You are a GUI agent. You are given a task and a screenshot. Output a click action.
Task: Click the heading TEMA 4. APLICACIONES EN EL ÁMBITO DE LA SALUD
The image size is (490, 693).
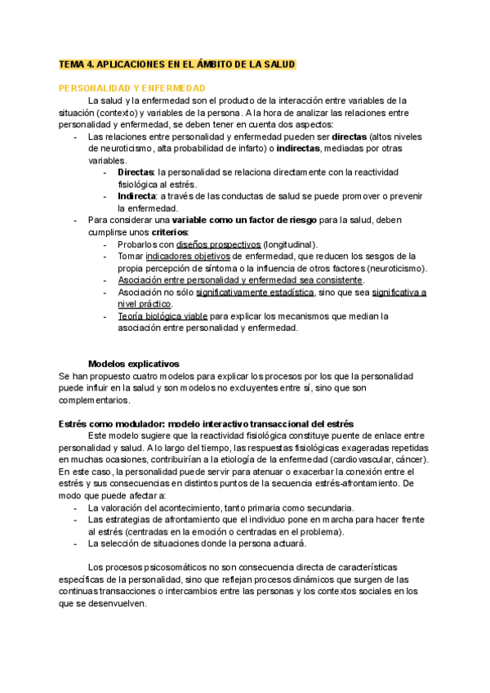click(x=176, y=64)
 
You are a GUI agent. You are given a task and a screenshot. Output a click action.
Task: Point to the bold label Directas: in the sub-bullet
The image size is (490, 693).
click(x=136, y=173)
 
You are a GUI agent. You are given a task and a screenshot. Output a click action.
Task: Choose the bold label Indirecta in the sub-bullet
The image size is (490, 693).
click(x=138, y=197)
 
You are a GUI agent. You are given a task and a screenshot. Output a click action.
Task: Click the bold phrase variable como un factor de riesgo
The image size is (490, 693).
click(x=220, y=221)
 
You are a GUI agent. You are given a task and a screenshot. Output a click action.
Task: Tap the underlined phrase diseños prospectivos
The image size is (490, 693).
click(x=218, y=244)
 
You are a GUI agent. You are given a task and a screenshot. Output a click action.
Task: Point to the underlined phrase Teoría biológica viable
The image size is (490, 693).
click(x=163, y=316)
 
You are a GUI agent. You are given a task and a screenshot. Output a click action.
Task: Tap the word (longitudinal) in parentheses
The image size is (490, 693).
click(x=291, y=244)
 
